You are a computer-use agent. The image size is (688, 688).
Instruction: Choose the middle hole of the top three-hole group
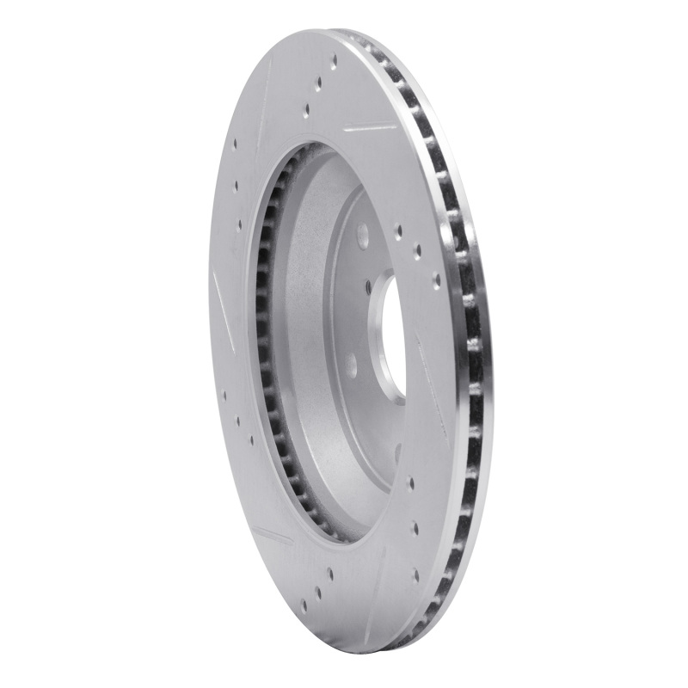point(318,83)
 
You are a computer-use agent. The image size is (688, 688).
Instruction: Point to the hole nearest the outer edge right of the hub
point(436,280)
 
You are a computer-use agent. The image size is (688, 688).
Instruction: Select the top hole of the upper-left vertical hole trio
point(234,144)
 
